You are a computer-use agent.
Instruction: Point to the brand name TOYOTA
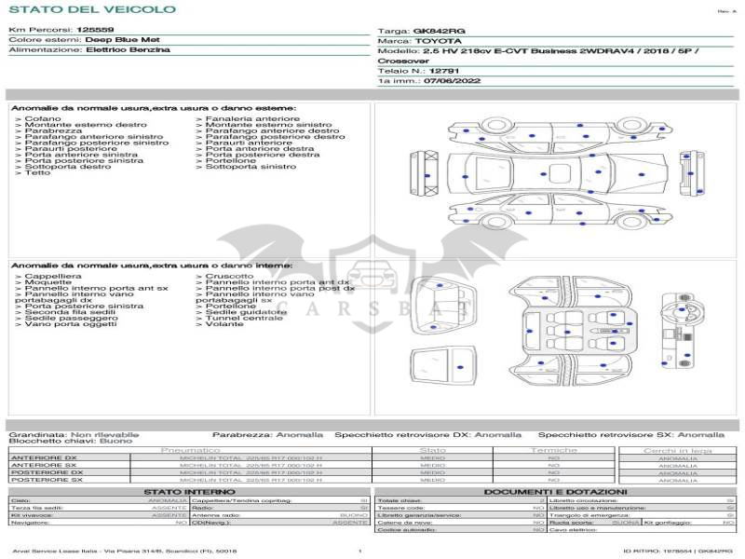438,41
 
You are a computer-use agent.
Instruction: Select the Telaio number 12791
444,71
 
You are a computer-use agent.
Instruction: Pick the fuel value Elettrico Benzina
128,49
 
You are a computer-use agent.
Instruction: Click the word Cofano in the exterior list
43,119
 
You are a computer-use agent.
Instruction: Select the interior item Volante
224,324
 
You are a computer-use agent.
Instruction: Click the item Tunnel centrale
244,318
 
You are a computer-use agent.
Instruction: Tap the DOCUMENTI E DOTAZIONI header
555,491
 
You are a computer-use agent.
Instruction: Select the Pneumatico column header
190,450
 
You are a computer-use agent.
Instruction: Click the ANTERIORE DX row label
44,458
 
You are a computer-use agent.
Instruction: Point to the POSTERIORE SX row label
46,479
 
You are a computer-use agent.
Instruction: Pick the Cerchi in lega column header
677,450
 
